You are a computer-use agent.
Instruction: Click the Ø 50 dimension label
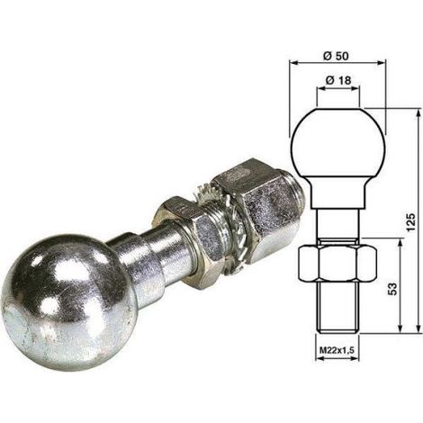pyautogui.click(x=337, y=56)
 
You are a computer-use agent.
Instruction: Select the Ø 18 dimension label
pyautogui.click(x=337, y=80)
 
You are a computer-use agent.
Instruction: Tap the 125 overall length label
pyautogui.click(x=411, y=222)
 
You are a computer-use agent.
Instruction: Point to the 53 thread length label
pyautogui.click(x=392, y=289)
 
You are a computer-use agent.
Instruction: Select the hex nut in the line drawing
pyautogui.click(x=337, y=263)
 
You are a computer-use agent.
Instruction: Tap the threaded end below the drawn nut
pyautogui.click(x=337, y=306)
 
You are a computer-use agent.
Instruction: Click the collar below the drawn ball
pyautogui.click(x=338, y=193)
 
